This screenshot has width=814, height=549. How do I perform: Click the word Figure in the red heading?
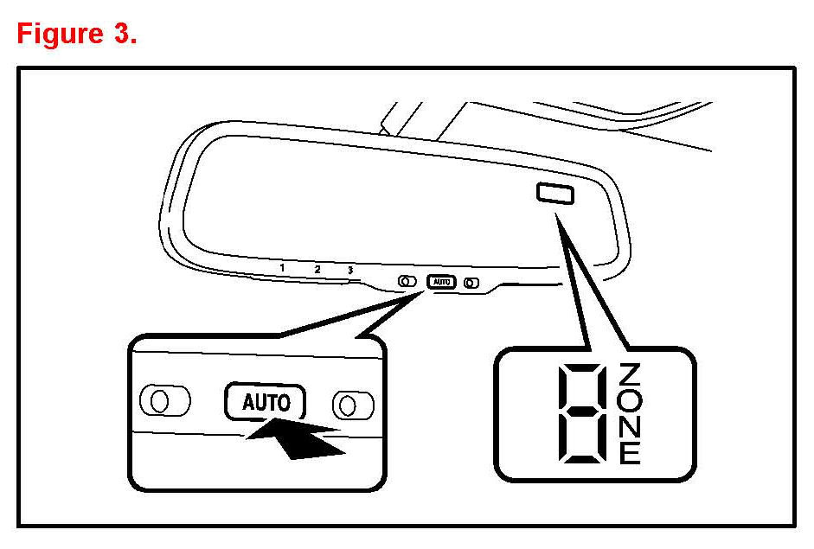pos(57,34)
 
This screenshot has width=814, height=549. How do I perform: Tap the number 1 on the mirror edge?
pos(283,268)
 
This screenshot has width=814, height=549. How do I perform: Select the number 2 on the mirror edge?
pos(317,270)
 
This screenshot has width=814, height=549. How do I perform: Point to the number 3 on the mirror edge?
pos(349,271)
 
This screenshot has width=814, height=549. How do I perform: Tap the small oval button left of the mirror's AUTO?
pos(406,281)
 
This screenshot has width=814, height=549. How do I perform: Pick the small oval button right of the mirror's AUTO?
pos(471,282)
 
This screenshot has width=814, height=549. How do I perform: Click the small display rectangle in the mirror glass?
pos(554,194)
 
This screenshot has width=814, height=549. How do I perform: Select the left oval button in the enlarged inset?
pos(165,400)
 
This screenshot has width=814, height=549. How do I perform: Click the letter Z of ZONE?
pos(631,374)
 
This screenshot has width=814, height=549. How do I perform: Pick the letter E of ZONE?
pos(631,452)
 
